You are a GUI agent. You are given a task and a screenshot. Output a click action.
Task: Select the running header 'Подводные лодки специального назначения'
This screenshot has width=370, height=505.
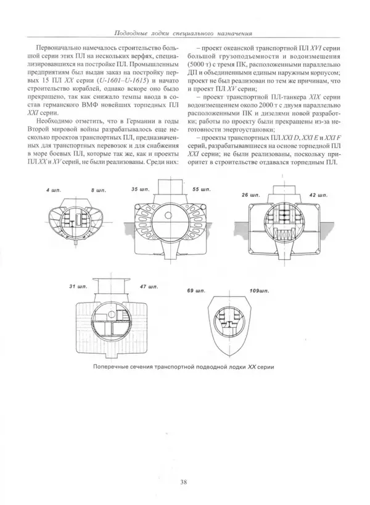click(184, 32)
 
